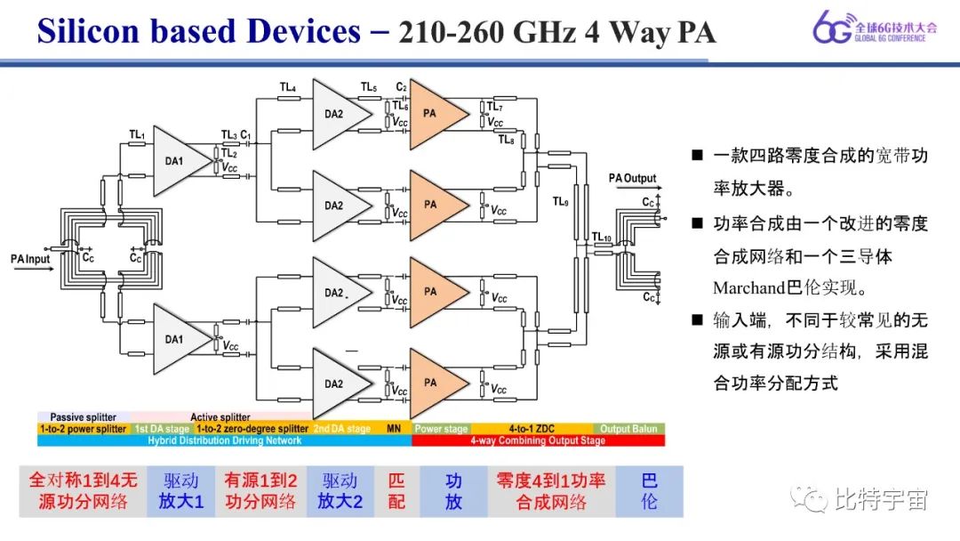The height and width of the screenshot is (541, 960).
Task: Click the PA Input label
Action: tap(31, 259)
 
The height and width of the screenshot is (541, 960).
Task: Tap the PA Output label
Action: tap(632, 178)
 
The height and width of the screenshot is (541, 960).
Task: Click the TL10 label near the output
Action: tap(602, 236)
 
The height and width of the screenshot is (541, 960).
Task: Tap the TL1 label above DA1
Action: tap(137, 134)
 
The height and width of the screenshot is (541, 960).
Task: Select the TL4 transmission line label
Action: tap(287, 87)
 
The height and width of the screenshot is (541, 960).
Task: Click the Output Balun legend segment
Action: tap(629, 429)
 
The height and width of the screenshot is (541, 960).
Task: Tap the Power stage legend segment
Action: tap(442, 429)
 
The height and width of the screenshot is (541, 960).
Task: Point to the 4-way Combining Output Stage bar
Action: tap(538, 440)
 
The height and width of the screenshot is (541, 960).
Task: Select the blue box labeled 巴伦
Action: tap(649, 491)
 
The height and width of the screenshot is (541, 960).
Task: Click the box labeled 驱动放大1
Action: tap(181, 491)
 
